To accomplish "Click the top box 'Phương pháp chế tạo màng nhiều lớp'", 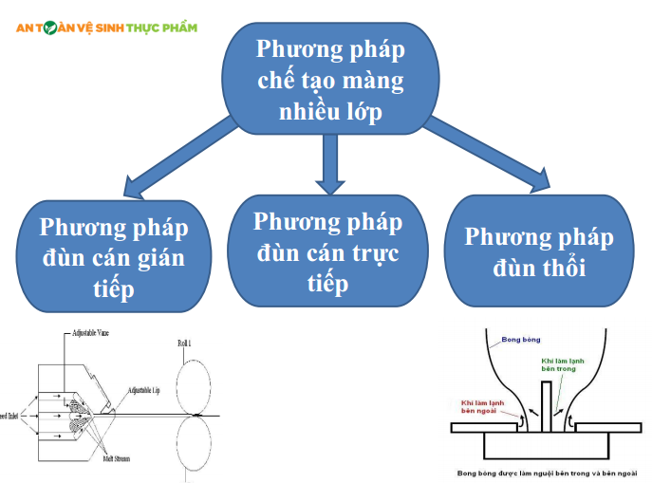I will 329,79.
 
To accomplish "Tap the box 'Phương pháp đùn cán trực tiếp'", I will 328,251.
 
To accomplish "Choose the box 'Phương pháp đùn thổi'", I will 539,251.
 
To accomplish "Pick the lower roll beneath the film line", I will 196,445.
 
